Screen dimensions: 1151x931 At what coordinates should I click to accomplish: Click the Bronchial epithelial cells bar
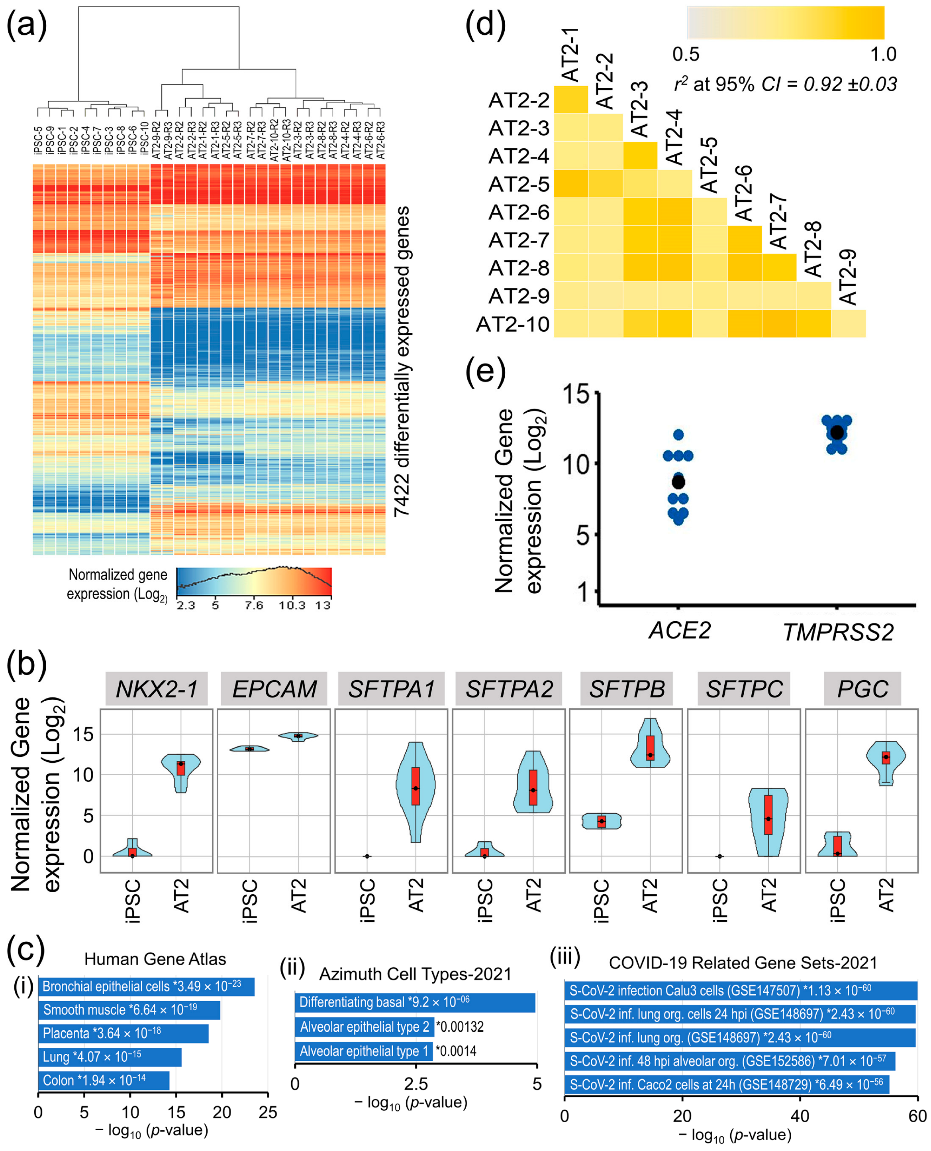point(146,987)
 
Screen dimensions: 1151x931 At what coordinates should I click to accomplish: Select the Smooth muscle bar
point(129,1010)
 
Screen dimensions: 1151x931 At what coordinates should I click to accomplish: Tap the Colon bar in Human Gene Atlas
point(104,1080)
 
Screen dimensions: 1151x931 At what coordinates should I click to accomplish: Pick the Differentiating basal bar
point(415,1002)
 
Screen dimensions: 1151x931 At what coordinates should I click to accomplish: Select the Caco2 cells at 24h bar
point(726,1084)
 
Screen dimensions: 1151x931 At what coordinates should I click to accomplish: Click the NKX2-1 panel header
point(156,689)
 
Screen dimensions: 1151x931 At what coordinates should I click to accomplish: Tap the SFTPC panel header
point(744,689)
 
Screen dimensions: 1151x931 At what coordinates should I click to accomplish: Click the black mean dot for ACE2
point(678,482)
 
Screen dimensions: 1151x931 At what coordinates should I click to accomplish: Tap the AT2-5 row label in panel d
point(519,184)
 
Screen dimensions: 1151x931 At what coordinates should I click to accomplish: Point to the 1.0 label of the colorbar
point(883,54)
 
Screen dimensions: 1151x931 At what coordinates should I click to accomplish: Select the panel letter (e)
point(485,371)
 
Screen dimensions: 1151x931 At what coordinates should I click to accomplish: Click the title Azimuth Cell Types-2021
point(415,974)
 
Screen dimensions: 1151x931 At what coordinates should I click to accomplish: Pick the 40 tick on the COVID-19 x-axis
point(800,1116)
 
